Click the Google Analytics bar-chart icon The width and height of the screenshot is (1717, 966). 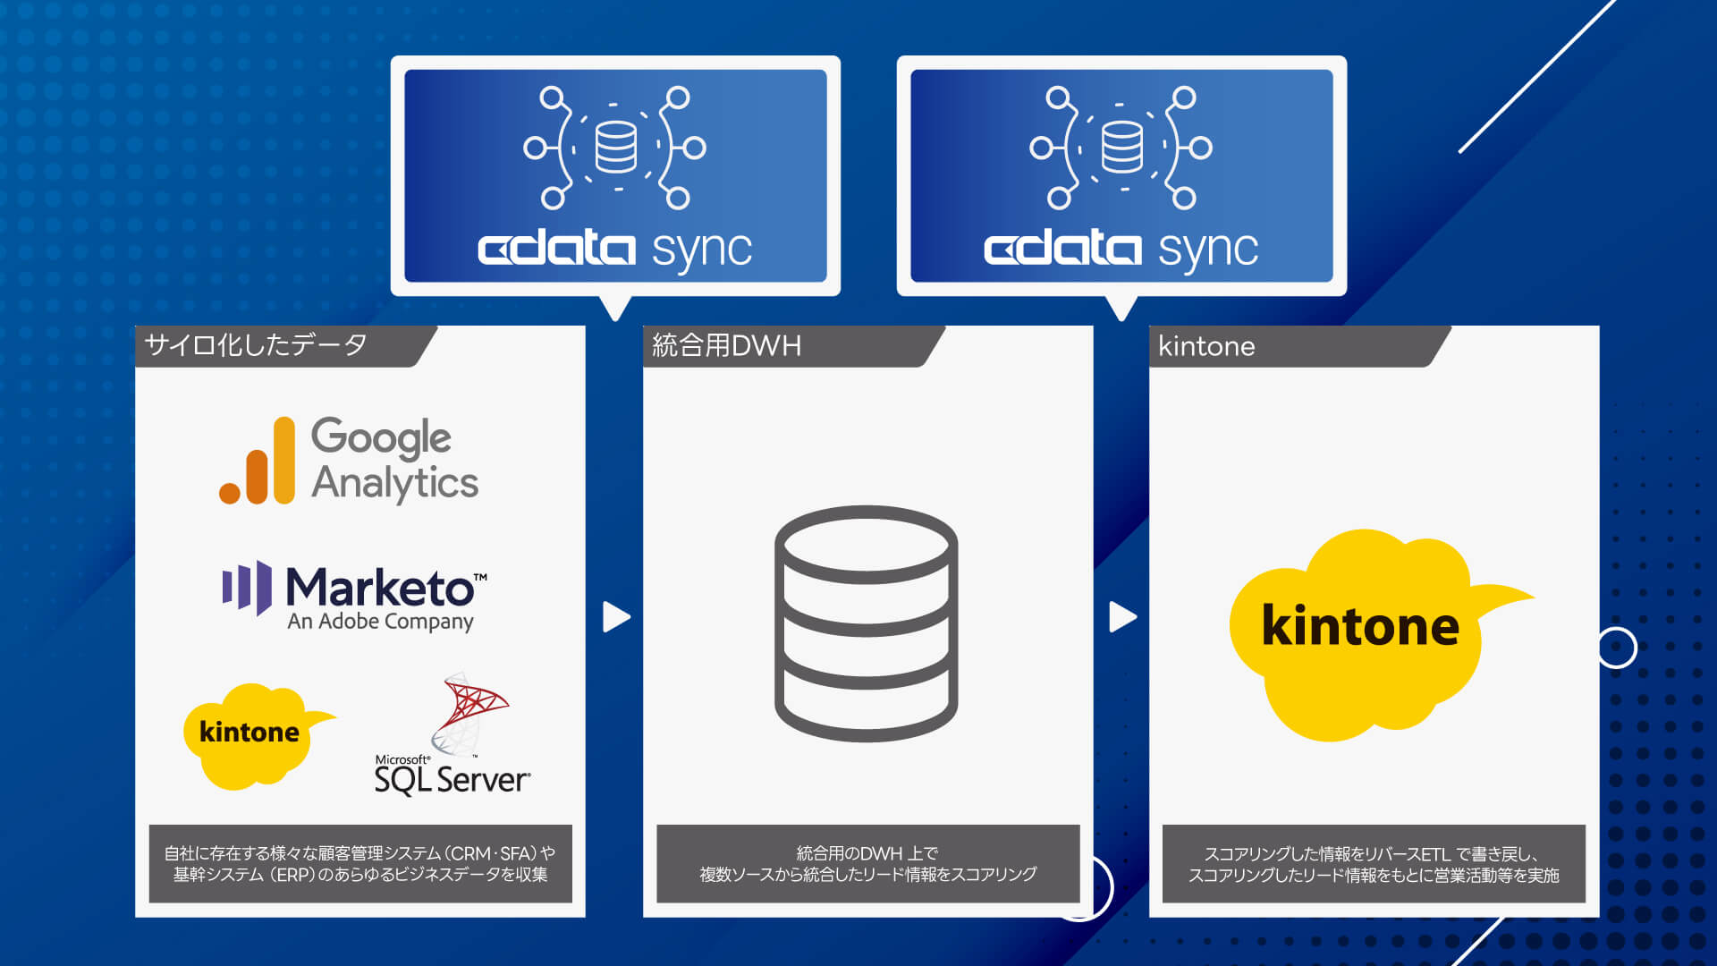(258, 461)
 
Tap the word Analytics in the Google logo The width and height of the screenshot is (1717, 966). (394, 483)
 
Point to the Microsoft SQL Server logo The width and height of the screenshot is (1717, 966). (453, 735)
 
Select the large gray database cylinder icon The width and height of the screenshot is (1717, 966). (866, 623)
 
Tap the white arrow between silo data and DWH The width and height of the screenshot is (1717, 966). (616, 616)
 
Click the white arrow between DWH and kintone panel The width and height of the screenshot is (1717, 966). (1123, 616)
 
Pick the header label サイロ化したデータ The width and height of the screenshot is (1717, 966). (256, 345)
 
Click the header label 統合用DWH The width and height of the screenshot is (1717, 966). (726, 345)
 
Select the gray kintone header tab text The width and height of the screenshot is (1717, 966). (1206, 346)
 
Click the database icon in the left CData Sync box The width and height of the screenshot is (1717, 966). (616, 147)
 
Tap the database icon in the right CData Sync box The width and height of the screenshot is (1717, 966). (1121, 147)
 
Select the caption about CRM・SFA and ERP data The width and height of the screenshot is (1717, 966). (360, 864)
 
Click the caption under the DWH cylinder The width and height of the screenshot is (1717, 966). (867, 864)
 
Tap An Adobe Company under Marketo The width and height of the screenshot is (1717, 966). (380, 622)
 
